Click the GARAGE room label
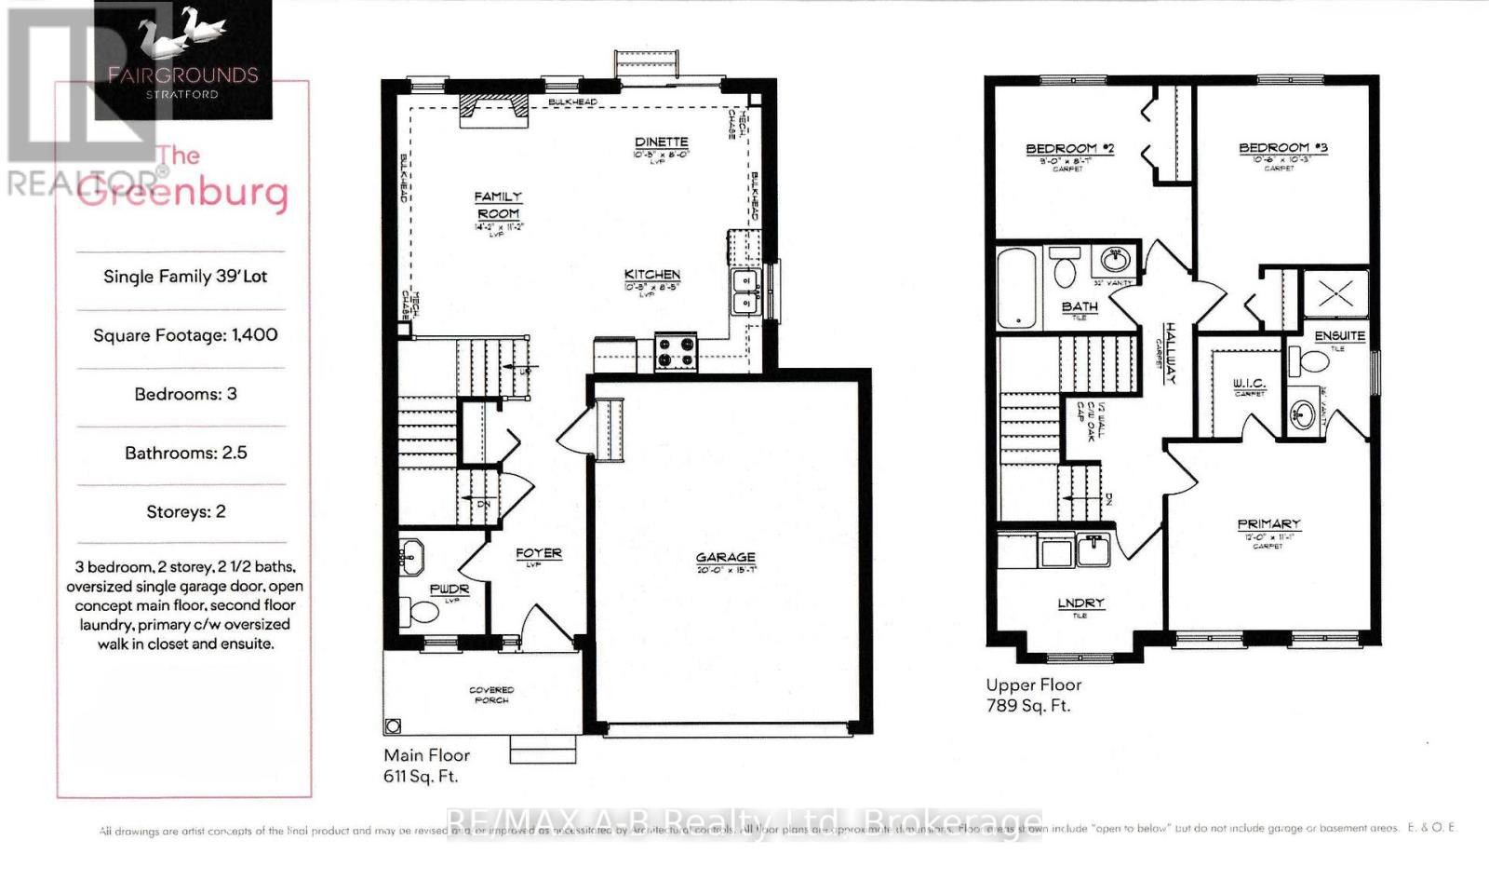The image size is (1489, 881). tap(725, 557)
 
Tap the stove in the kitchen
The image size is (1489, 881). tap(676, 352)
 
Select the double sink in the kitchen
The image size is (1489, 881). tap(744, 291)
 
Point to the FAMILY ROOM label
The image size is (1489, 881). tap(498, 205)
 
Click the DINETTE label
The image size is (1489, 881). tap(661, 142)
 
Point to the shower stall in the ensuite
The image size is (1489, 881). tap(1335, 294)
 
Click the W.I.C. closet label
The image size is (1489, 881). tap(1249, 384)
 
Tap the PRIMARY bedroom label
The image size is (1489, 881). tap(1268, 524)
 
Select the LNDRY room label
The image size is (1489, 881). tap(1080, 603)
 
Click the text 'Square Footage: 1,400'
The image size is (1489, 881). tap(185, 335)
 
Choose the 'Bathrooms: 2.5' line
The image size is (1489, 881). tap(185, 453)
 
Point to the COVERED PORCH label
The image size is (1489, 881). tap(490, 695)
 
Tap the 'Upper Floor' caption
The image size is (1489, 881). tap(1033, 684)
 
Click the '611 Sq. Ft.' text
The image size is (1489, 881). tap(421, 776)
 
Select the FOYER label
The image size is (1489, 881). tap(539, 553)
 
